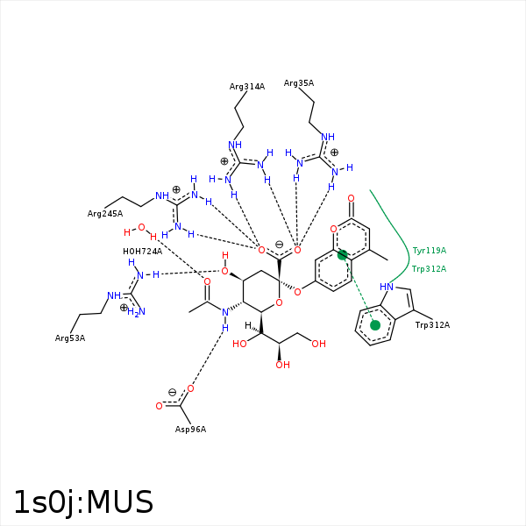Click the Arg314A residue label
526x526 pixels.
click(247, 87)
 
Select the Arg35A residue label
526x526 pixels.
click(299, 83)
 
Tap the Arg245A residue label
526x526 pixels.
click(105, 214)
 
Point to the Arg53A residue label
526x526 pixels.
click(70, 338)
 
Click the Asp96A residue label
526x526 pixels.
click(190, 429)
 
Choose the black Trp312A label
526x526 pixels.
click(432, 325)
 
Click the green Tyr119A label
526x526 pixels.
click(429, 251)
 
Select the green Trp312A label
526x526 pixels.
click(429, 269)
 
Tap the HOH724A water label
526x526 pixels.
click(142, 252)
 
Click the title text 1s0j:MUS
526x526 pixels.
click(83, 502)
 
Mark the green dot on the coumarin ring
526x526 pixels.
click(343, 255)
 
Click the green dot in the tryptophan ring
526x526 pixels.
click(375, 325)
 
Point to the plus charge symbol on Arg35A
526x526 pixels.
click(334, 153)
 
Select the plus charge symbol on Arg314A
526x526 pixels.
click(224, 161)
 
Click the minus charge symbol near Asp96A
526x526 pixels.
click(172, 392)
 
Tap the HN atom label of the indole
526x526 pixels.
click(387, 287)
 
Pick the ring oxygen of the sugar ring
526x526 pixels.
click(278, 303)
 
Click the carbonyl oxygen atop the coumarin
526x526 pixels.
click(352, 199)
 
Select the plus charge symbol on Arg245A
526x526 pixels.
click(176, 189)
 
